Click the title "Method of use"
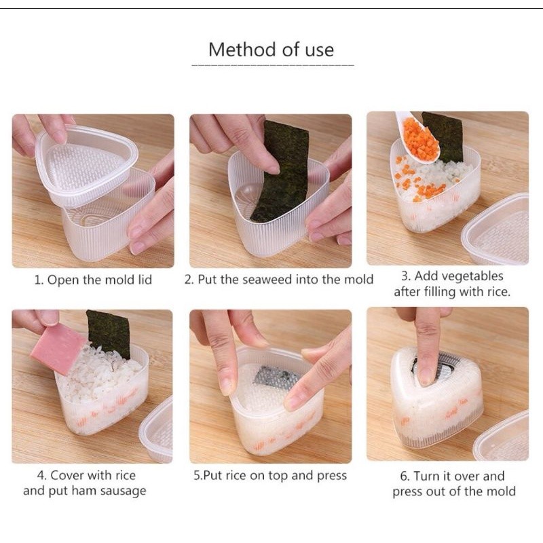click(x=271, y=50)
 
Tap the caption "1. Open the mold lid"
click(x=93, y=280)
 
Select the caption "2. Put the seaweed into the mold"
click(x=279, y=280)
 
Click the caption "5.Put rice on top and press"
click(x=270, y=476)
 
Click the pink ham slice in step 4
click(x=58, y=348)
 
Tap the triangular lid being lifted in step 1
click(x=87, y=165)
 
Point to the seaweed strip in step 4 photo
click(x=109, y=333)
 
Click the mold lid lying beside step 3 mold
click(x=496, y=229)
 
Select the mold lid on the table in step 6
click(x=502, y=437)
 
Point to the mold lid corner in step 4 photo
click(x=157, y=430)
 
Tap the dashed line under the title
click(x=273, y=65)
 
